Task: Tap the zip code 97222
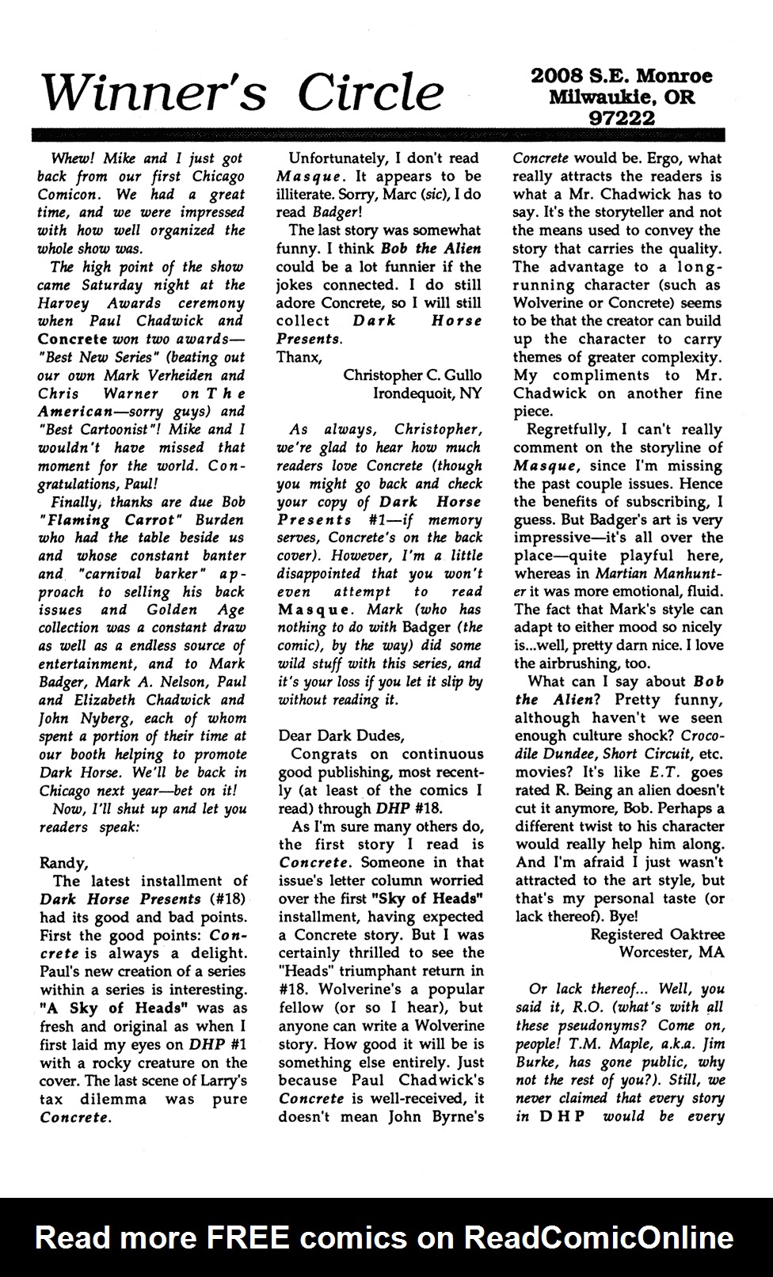click(x=622, y=117)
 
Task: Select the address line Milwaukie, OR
click(x=622, y=97)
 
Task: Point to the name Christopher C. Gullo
click(x=411, y=375)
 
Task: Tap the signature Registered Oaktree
click(x=657, y=934)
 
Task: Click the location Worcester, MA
click(x=672, y=952)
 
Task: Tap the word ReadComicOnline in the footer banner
click(x=599, y=1237)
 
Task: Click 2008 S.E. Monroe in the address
click(x=622, y=77)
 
